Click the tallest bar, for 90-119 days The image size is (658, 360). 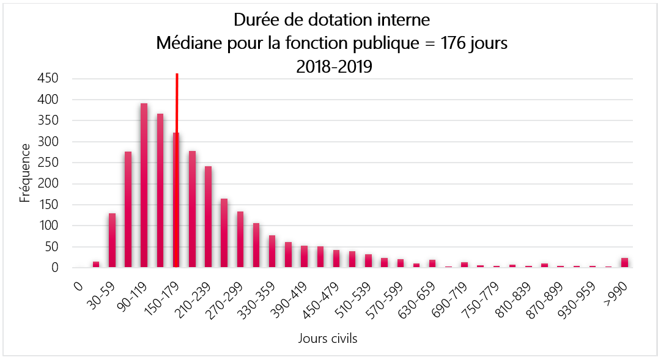144,186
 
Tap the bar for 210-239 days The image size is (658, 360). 208,217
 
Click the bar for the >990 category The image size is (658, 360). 624,263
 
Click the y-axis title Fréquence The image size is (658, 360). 25,173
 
